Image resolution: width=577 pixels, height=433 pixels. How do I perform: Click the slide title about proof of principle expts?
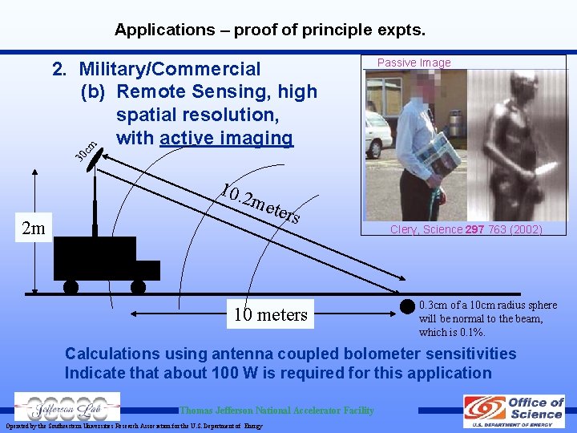click(269, 30)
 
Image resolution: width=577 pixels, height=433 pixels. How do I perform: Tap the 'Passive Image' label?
click(414, 63)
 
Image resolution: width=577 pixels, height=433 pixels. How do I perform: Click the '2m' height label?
click(34, 229)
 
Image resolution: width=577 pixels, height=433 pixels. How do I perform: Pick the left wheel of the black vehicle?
click(71, 285)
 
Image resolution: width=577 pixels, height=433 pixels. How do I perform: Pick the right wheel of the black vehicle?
click(139, 285)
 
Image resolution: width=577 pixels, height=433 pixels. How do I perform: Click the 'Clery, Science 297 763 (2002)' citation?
click(466, 229)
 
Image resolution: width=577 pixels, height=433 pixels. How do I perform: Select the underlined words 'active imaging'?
click(227, 138)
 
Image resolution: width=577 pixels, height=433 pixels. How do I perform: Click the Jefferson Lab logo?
click(67, 407)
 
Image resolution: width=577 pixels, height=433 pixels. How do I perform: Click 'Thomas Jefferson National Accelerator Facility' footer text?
click(276, 411)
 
